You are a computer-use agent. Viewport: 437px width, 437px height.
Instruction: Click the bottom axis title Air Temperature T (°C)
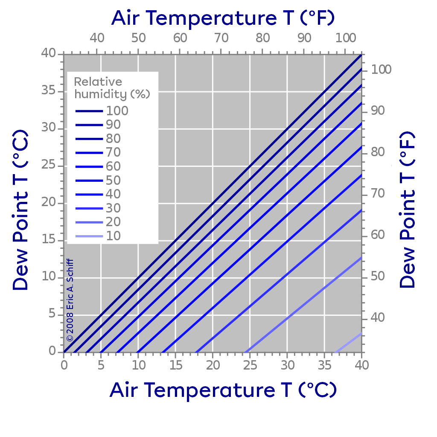pyautogui.click(x=223, y=389)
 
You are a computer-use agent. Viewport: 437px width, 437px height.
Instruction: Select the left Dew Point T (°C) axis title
pyautogui.click(x=20, y=212)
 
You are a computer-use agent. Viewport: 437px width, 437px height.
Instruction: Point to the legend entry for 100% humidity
pyautogui.click(x=102, y=111)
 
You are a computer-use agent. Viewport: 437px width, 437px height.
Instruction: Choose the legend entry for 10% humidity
pyautogui.click(x=98, y=236)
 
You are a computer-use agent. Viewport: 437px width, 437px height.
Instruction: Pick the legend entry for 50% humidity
pyautogui.click(x=98, y=181)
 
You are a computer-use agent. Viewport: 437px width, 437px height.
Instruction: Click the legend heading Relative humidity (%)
pyautogui.click(x=112, y=88)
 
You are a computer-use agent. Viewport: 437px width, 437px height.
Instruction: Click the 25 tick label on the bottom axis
pyautogui.click(x=250, y=365)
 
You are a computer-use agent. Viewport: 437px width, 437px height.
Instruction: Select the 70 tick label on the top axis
pyautogui.click(x=221, y=38)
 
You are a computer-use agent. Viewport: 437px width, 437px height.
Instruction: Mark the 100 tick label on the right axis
pyautogui.click(x=381, y=70)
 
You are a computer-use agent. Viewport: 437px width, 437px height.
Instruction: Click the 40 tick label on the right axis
pyautogui.click(x=374, y=318)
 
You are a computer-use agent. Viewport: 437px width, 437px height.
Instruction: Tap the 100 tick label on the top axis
pyautogui.click(x=345, y=38)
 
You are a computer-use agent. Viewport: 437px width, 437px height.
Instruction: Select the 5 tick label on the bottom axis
pyautogui.click(x=101, y=365)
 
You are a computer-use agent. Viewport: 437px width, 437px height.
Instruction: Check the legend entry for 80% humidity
pyautogui.click(x=98, y=139)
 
